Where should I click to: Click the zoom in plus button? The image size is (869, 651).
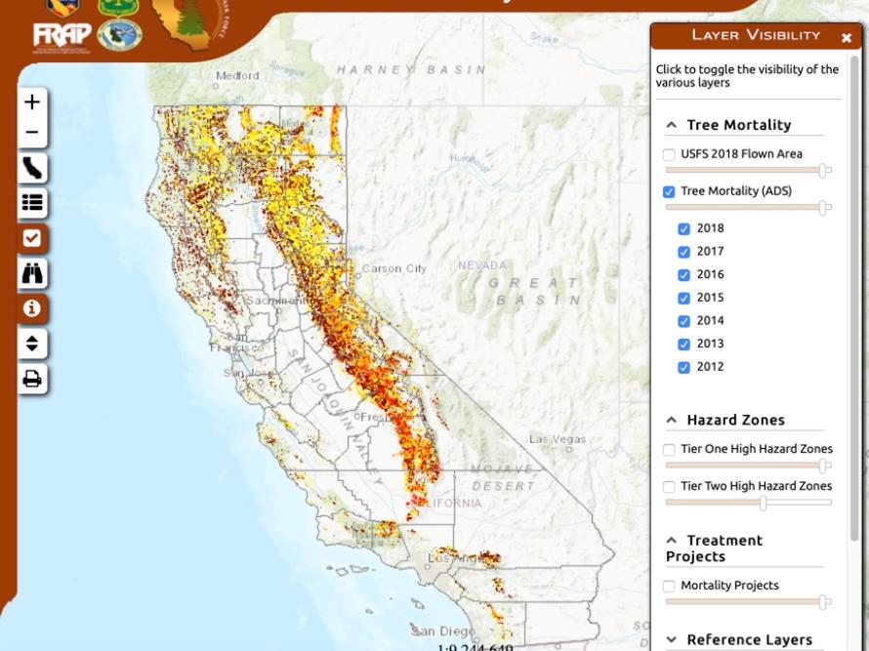pyautogui.click(x=32, y=102)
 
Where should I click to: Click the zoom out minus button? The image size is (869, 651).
pyautogui.click(x=32, y=132)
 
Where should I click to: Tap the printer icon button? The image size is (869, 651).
pyautogui.click(x=32, y=379)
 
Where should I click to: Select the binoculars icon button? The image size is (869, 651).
pyautogui.click(x=32, y=273)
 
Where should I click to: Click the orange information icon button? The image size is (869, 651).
pyautogui.click(x=32, y=308)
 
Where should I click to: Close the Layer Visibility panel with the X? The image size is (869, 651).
pyautogui.click(x=847, y=37)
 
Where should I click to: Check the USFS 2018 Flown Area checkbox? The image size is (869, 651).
pyautogui.click(x=669, y=154)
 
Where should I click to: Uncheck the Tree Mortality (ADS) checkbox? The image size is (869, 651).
pyautogui.click(x=669, y=191)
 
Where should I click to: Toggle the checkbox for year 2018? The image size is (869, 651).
pyautogui.click(x=684, y=228)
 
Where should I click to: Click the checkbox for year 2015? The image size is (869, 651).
pyautogui.click(x=684, y=298)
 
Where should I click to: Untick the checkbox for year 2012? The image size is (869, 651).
pyautogui.click(x=684, y=367)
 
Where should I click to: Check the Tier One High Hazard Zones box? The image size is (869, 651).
pyautogui.click(x=669, y=450)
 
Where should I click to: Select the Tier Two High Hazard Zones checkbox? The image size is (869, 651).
pyautogui.click(x=669, y=486)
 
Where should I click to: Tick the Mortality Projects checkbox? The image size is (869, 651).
pyautogui.click(x=669, y=586)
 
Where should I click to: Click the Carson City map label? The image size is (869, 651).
pyautogui.click(x=394, y=268)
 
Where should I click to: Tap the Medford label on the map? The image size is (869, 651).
pyautogui.click(x=237, y=75)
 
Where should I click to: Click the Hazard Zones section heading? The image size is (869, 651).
pyautogui.click(x=735, y=420)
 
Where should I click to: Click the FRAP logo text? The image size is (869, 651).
pyautogui.click(x=62, y=36)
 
